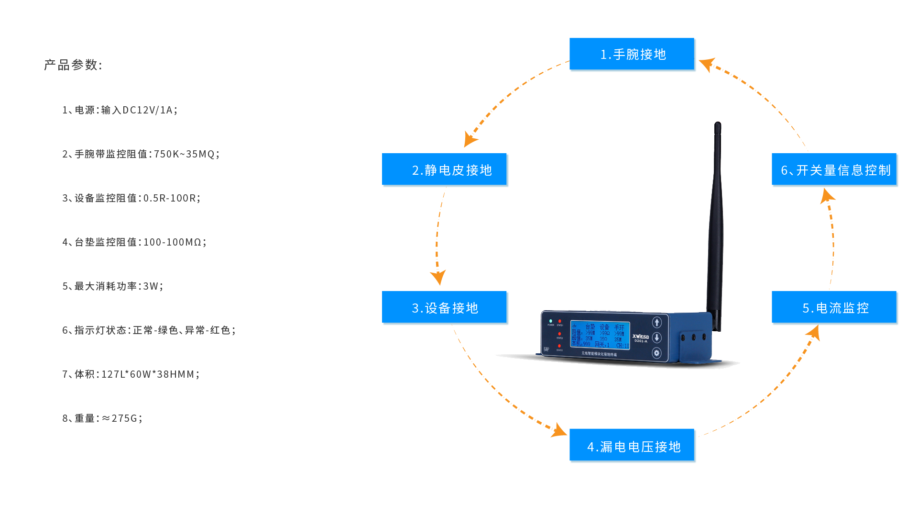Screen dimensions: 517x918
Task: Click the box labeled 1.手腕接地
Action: coord(633,55)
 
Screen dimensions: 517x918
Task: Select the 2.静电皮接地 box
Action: coord(445,170)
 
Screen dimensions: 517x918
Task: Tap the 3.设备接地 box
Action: coord(445,308)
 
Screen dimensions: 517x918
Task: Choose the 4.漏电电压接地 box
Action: coord(633,446)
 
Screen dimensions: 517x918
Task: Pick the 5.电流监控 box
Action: coord(835,308)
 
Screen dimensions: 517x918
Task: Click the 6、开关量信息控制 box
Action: coord(835,170)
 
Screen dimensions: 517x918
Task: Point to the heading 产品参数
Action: coord(73,65)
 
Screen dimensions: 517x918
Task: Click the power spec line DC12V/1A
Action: coord(120,110)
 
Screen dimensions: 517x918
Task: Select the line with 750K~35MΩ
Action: coord(141,154)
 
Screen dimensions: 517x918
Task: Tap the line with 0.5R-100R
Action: coord(131,198)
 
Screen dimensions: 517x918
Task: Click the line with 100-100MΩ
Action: coord(134,242)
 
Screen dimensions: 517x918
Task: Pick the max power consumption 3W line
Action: coord(112,286)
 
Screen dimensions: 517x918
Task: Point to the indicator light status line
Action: coord(149,330)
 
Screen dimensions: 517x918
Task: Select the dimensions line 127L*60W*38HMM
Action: coord(131,374)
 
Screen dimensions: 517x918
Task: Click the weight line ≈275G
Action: coord(102,418)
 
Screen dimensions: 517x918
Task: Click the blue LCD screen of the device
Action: coord(600,335)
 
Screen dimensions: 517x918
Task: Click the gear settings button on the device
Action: coord(656,353)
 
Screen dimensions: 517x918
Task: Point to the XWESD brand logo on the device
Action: coord(641,337)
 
